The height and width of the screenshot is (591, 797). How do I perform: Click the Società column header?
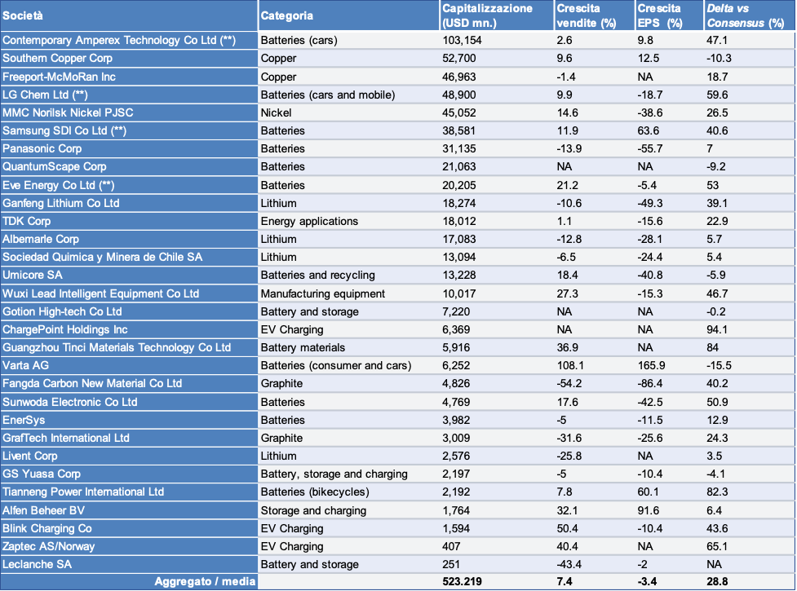(x=24, y=15)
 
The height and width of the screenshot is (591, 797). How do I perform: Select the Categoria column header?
(x=286, y=15)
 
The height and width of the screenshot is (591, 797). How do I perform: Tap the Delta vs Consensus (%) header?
(x=739, y=15)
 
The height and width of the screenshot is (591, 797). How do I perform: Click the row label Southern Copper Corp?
(x=58, y=58)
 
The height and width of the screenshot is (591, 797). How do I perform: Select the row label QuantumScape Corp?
(x=54, y=166)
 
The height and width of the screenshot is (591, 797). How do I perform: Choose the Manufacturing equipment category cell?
(x=323, y=293)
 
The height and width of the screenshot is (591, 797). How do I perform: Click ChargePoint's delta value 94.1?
(x=717, y=329)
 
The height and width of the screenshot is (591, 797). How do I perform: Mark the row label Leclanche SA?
(x=38, y=564)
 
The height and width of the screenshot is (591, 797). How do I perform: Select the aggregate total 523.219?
(x=464, y=581)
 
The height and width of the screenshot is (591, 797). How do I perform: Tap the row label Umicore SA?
(x=33, y=275)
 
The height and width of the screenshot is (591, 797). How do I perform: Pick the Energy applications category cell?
(x=309, y=221)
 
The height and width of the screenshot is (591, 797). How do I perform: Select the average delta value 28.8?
(x=717, y=581)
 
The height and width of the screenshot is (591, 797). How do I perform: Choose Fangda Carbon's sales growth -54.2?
(x=570, y=383)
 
